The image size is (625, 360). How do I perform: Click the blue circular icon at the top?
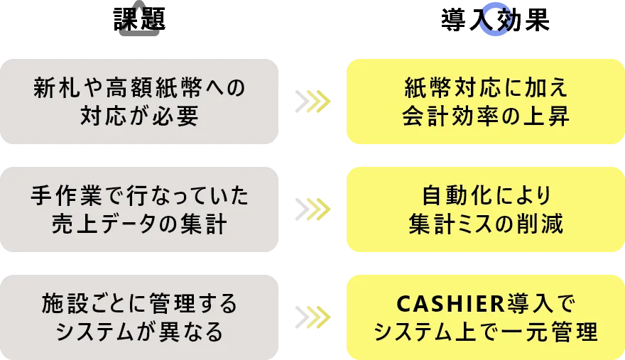(x=494, y=19)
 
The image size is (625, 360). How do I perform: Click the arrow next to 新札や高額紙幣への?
(x=312, y=102)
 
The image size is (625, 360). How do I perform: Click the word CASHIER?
(x=450, y=303)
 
